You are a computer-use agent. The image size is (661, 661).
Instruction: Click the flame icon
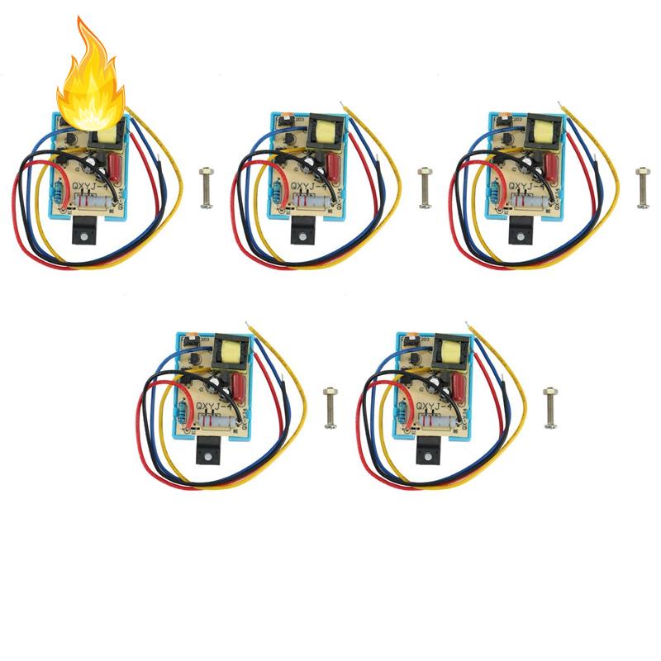(91, 70)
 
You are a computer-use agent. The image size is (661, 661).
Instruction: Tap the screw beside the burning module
(206, 178)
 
